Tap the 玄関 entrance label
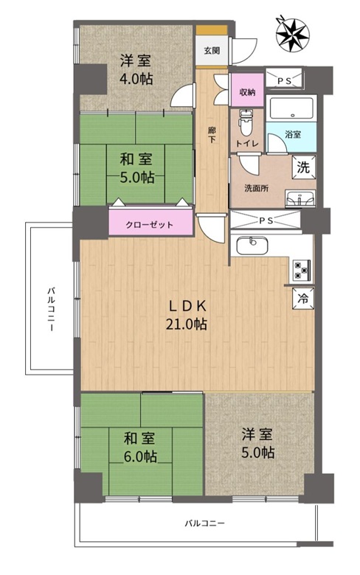pyautogui.click(x=212, y=50)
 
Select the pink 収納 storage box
pyautogui.click(x=247, y=90)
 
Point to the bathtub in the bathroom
pyautogui.click(x=291, y=108)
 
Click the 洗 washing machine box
pyautogui.click(x=304, y=167)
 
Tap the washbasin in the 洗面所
pyautogui.click(x=300, y=199)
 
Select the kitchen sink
pyautogui.click(x=252, y=245)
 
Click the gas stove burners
pyautogui.click(x=302, y=270)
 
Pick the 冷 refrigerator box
pyautogui.click(x=303, y=298)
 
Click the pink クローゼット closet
pyautogui.click(x=150, y=223)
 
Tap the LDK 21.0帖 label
pyautogui.click(x=186, y=315)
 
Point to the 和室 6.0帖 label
pyautogui.click(x=140, y=447)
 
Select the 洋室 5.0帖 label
pyautogui.click(x=257, y=444)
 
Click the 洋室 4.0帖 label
pyautogui.click(x=136, y=70)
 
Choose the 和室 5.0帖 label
pyautogui.click(x=136, y=168)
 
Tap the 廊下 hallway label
pyautogui.click(x=212, y=135)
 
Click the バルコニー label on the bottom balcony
pyautogui.click(x=204, y=523)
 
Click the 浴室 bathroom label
pyautogui.click(x=293, y=135)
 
